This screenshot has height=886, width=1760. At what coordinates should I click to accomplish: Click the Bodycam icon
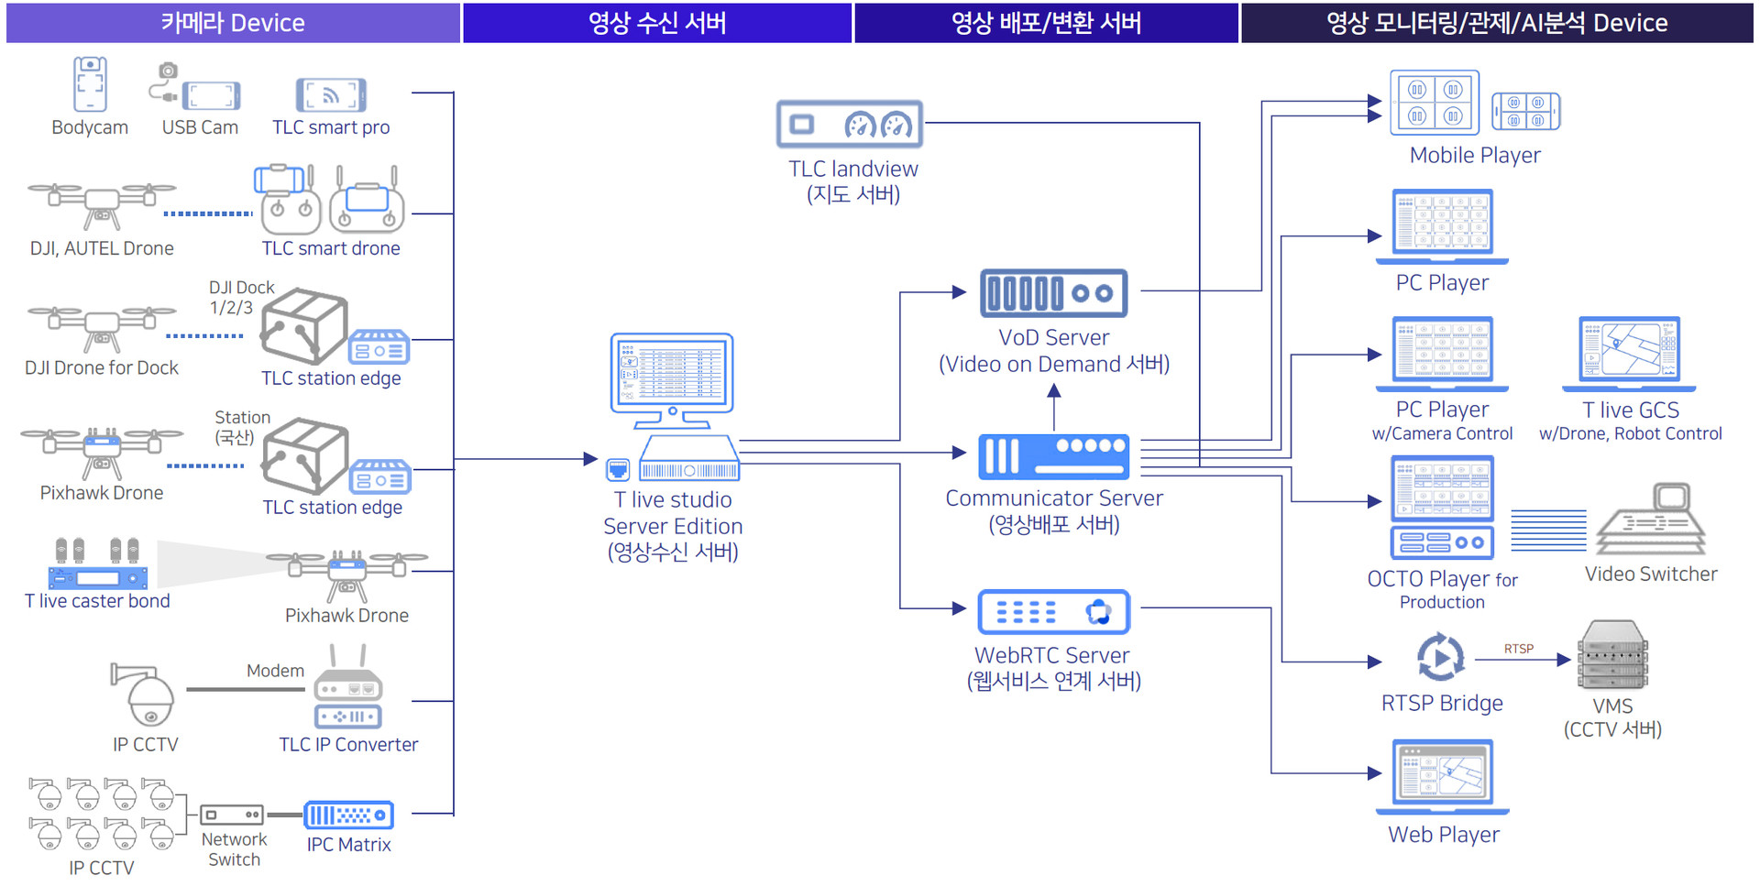tap(90, 83)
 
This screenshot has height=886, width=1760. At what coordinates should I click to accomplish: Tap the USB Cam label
tap(200, 127)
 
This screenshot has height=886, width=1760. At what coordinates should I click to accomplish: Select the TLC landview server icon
tap(850, 125)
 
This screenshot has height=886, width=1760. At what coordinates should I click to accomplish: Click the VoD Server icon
tap(1053, 293)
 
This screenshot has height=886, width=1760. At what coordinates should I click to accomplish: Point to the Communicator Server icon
tap(1053, 456)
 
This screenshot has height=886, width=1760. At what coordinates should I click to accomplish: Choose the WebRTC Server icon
tap(1053, 612)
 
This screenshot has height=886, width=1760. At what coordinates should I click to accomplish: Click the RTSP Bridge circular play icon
tap(1440, 657)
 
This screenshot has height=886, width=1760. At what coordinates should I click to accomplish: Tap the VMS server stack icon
tap(1612, 654)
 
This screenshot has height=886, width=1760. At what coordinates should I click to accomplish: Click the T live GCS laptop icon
tap(1629, 351)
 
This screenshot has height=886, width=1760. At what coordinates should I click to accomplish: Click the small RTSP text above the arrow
tap(1518, 649)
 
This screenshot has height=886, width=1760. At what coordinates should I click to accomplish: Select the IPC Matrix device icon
tap(348, 815)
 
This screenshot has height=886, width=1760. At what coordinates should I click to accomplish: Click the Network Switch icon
tap(233, 815)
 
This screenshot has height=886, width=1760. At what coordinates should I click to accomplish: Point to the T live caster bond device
tap(97, 577)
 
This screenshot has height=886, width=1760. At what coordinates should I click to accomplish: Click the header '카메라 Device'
tap(233, 23)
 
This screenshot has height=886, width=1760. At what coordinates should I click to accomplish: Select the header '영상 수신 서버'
tap(657, 23)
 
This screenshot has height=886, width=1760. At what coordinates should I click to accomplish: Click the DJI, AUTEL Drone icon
tap(101, 202)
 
